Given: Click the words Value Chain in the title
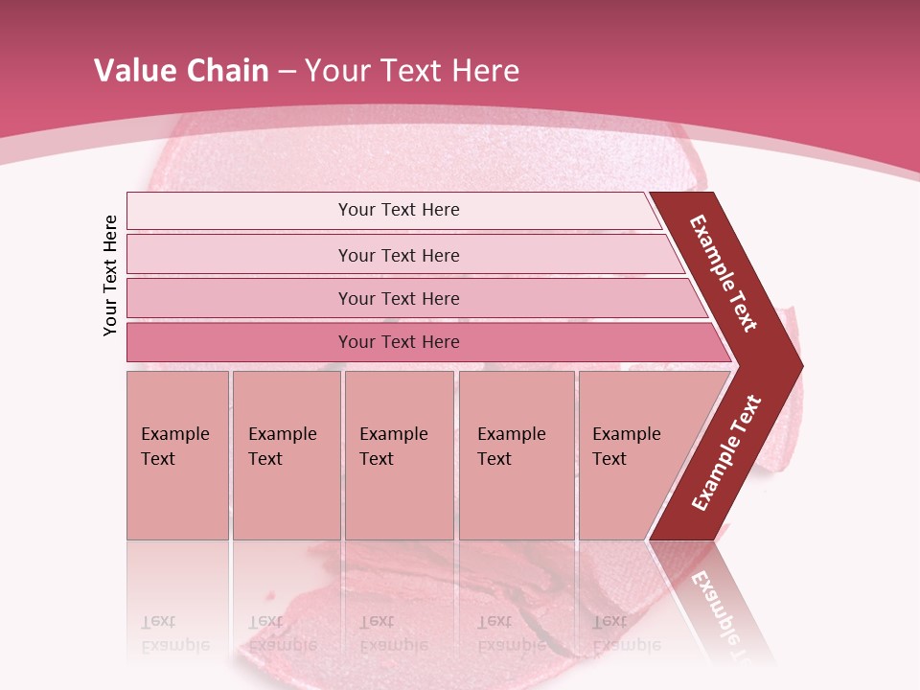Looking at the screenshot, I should click(x=181, y=71).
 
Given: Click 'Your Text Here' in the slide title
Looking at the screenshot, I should click(x=412, y=71).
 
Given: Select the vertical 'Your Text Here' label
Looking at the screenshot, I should click(x=110, y=275).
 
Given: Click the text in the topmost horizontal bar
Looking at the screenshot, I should click(x=399, y=210).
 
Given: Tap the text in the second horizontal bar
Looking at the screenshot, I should click(x=399, y=256).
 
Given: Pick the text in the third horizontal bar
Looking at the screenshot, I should click(x=399, y=299).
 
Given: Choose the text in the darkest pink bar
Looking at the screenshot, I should click(x=399, y=342).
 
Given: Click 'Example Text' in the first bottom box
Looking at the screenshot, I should click(x=174, y=447).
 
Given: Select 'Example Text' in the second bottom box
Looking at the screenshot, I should click(x=282, y=447).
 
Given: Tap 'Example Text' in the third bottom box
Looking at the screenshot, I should click(x=393, y=447).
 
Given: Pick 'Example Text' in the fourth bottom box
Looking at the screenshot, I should click(x=511, y=447).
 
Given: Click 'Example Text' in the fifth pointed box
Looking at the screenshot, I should click(x=626, y=447).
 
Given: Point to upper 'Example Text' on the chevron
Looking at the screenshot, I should click(x=724, y=273).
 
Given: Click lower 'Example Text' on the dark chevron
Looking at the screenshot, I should click(x=726, y=453).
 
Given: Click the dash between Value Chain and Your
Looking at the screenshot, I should click(x=287, y=72).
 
